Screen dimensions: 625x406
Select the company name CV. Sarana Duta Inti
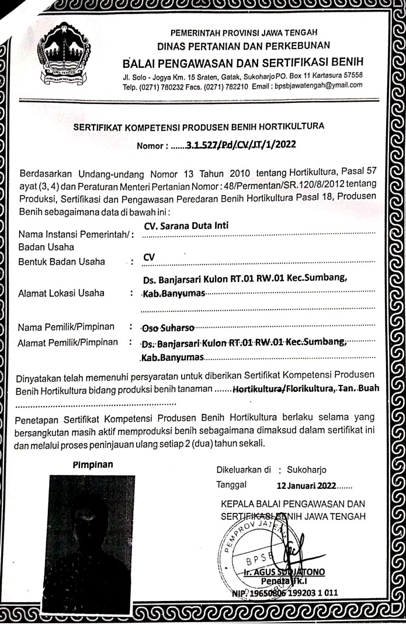pos(186,226)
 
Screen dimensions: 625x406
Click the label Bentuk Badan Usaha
pos(63,261)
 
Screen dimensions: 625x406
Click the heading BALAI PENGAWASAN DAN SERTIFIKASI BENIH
pos(243,62)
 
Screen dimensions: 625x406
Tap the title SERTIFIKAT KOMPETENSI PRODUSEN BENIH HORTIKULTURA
pos(199,126)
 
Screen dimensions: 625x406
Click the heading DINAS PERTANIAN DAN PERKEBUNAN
pos(244,45)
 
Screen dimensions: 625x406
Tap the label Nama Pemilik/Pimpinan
pos(67,325)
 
